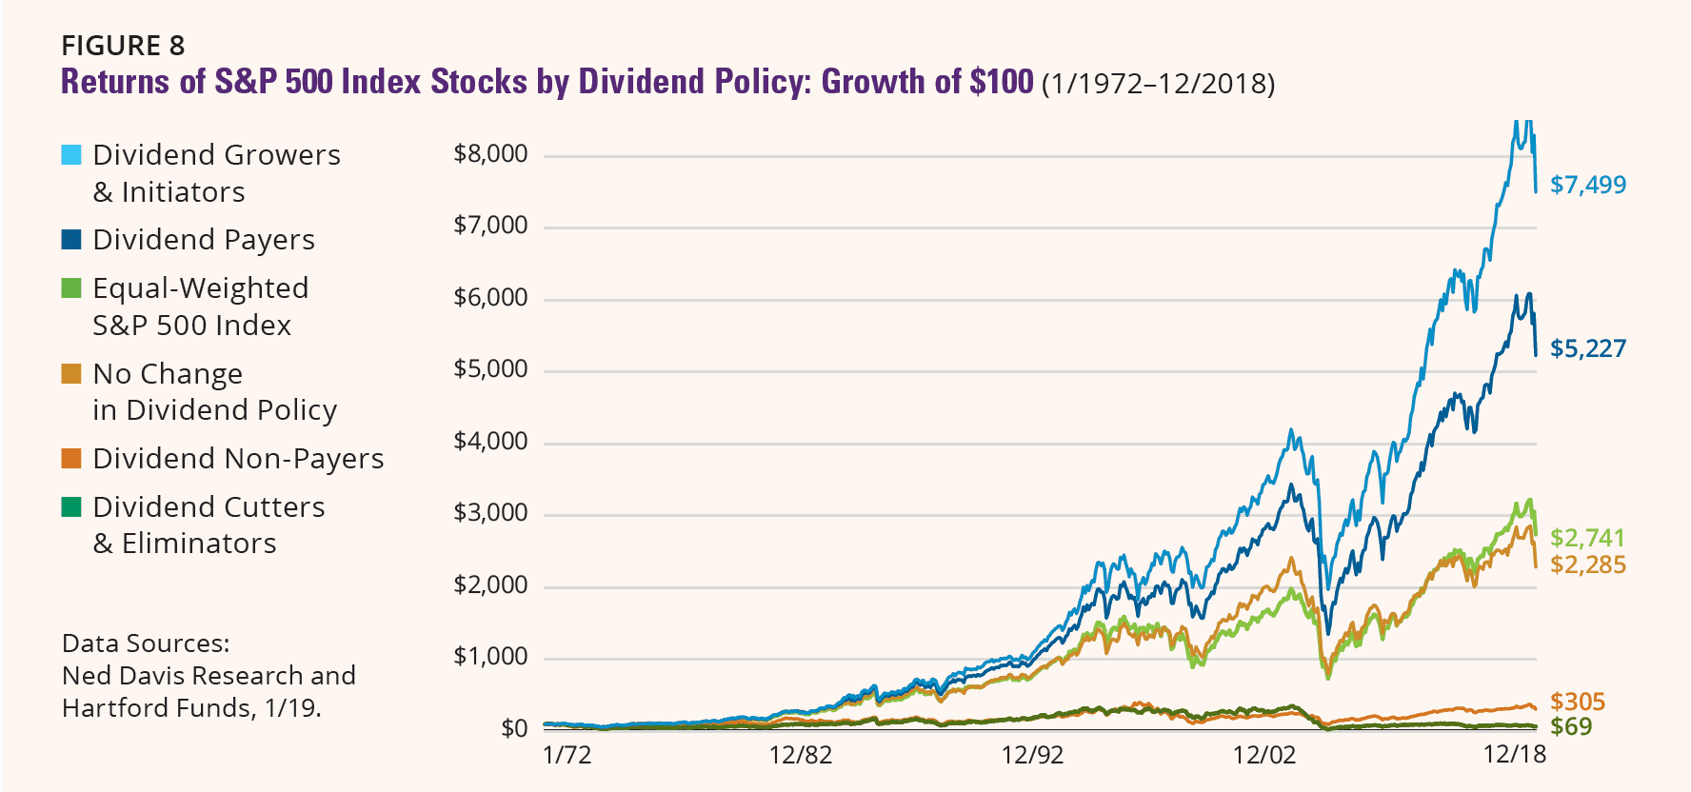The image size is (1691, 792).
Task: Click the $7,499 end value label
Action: [x=1587, y=185]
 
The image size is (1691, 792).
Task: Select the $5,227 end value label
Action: [x=1587, y=348]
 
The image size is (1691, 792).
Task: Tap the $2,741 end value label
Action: [x=1587, y=538]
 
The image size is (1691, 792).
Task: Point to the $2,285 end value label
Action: [x=1587, y=564]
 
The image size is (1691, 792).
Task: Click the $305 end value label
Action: [x=1577, y=702]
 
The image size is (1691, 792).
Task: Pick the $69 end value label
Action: [x=1570, y=726]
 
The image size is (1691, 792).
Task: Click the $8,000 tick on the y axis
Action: [x=490, y=154]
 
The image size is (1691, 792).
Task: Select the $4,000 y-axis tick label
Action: [x=490, y=442]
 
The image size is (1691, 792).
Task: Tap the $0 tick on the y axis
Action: [x=514, y=729]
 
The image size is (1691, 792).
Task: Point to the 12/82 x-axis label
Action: [x=800, y=755]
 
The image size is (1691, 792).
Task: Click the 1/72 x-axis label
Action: [x=567, y=755]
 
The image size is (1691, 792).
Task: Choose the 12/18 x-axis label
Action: [x=1514, y=755]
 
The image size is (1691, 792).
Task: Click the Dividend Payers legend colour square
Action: [x=71, y=240]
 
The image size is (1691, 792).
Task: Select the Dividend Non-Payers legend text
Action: [x=238, y=459]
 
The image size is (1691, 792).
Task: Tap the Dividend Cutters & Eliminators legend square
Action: [x=71, y=507]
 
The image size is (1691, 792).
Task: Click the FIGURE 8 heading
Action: [x=123, y=46]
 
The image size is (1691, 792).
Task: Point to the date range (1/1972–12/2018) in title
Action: [x=1158, y=84]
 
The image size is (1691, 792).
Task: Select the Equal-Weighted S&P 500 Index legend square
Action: [x=71, y=288]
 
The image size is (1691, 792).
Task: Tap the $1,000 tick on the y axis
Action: [x=490, y=657]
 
